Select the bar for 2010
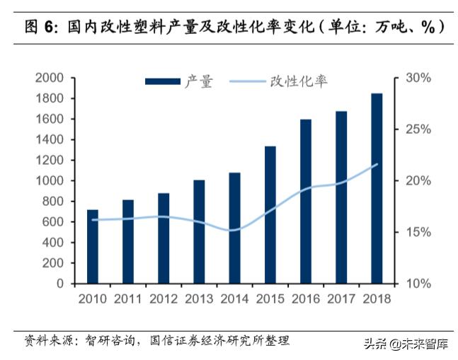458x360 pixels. (x=93, y=247)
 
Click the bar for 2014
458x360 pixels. (x=234, y=228)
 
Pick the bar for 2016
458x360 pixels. (x=306, y=202)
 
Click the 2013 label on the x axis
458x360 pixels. (x=199, y=298)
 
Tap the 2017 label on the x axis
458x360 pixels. (x=340, y=298)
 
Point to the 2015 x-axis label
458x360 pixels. (x=270, y=298)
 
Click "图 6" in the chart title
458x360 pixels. (x=42, y=28)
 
